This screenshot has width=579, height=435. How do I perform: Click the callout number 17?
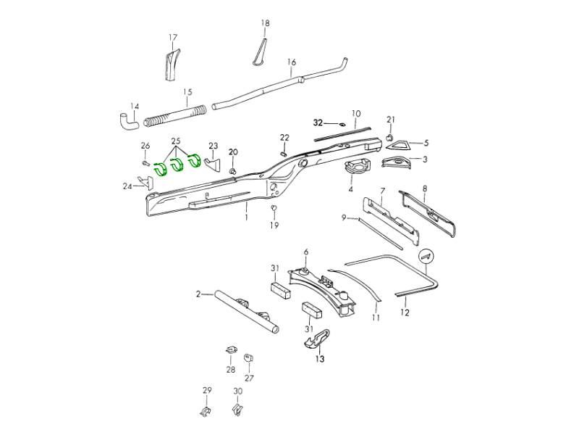(x=173, y=37)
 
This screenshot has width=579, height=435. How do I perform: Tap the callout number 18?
(x=265, y=23)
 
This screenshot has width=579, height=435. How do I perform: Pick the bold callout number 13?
(x=319, y=358)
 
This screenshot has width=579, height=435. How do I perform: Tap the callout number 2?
(x=198, y=294)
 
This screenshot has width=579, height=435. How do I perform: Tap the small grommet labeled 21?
(x=389, y=136)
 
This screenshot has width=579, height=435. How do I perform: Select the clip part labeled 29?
(x=205, y=413)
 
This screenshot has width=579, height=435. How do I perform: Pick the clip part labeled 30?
(x=237, y=413)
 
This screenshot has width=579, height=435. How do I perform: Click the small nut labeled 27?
(x=248, y=359)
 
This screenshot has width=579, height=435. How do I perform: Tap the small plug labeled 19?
(x=275, y=210)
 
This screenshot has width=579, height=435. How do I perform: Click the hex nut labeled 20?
(x=233, y=171)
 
